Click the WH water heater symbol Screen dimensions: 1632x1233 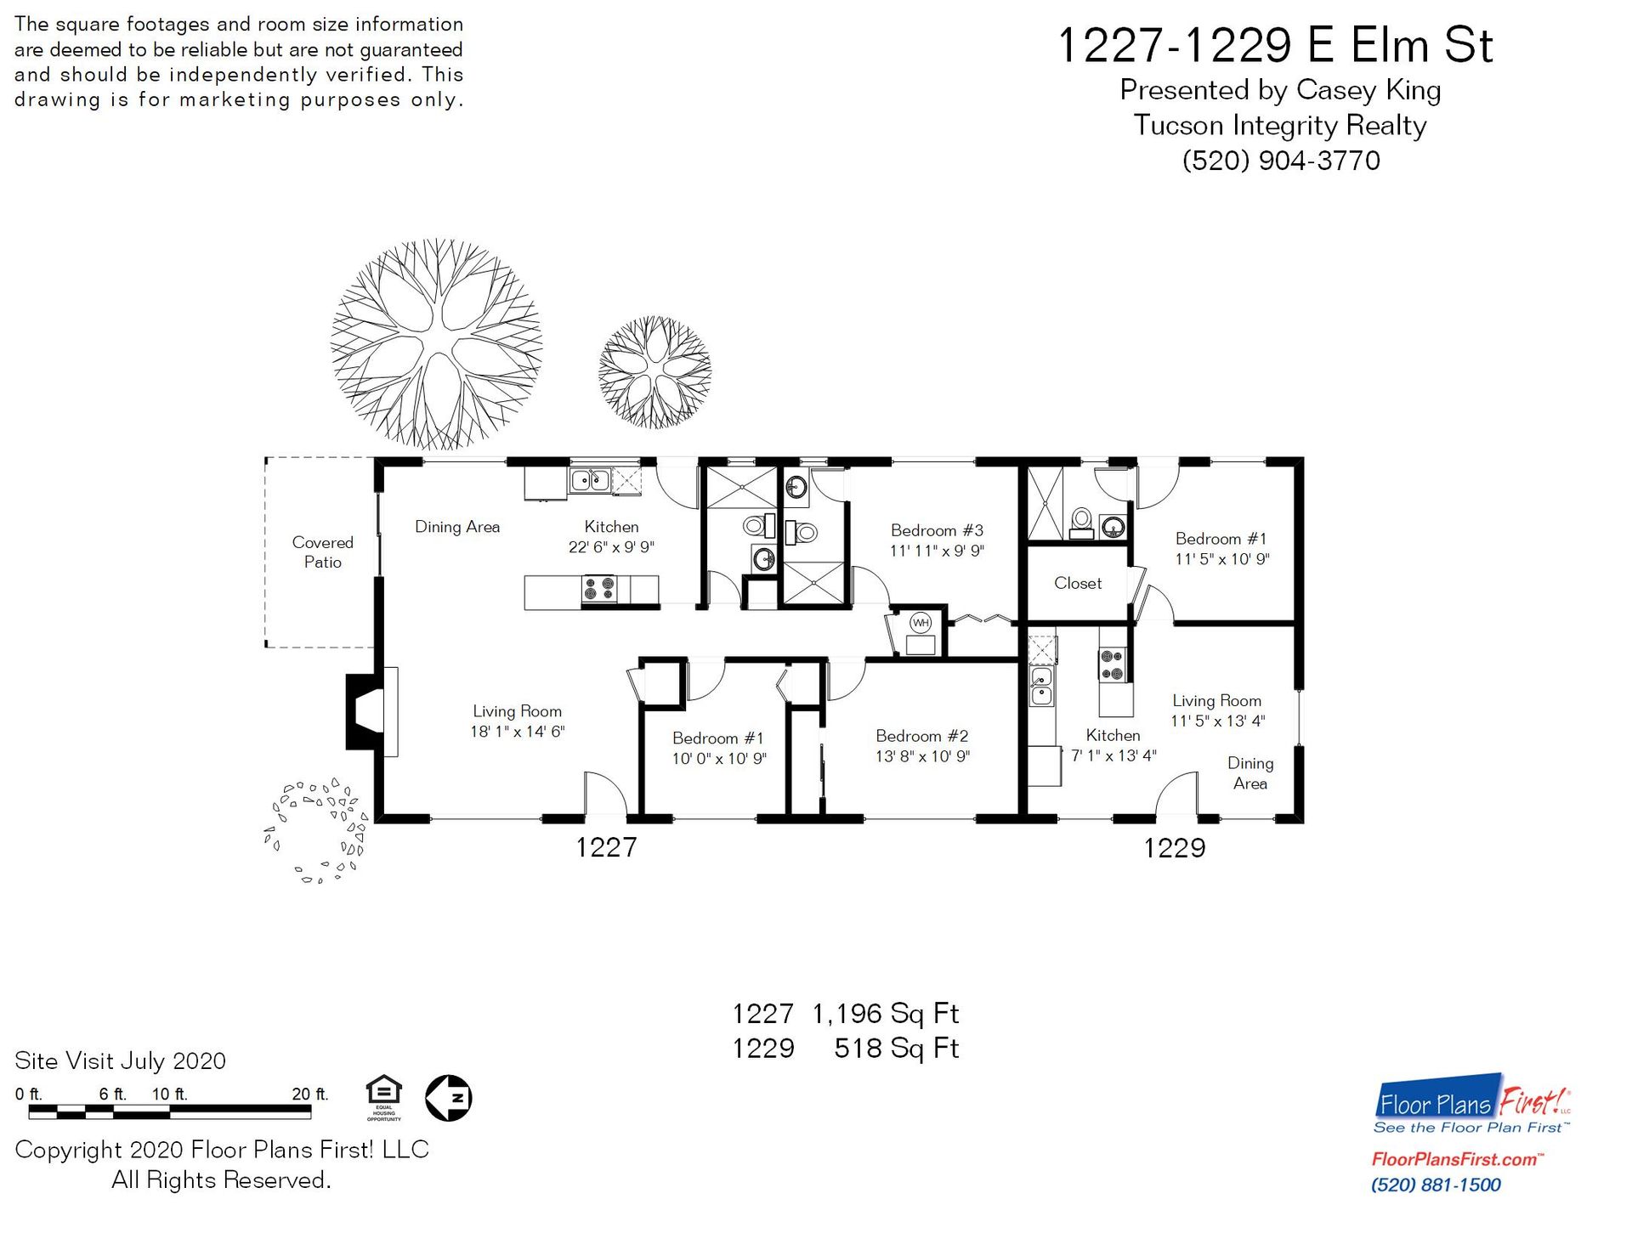(921, 623)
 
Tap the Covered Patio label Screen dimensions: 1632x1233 (322, 552)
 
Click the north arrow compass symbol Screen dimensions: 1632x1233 (448, 1098)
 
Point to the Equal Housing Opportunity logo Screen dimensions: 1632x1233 (383, 1098)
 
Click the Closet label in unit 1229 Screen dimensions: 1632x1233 (1078, 583)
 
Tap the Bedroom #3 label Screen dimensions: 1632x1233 (937, 530)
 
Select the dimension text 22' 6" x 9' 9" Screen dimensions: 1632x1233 (611, 547)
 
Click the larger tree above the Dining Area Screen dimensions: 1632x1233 (437, 344)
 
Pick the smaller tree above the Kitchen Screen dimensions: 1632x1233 (654, 372)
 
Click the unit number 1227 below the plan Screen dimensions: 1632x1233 (606, 847)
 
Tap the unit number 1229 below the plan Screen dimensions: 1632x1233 (1175, 847)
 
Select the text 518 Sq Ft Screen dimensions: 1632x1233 (896, 1049)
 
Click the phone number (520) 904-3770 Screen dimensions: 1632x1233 (1281, 161)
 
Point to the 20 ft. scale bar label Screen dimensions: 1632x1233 (309, 1094)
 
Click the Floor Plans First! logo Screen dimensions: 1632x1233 (1473, 1103)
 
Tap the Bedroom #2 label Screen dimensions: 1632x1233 (922, 736)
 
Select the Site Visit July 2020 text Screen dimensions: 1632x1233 (120, 1061)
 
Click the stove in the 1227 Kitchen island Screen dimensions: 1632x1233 (599, 589)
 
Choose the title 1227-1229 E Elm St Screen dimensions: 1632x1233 (1275, 45)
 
